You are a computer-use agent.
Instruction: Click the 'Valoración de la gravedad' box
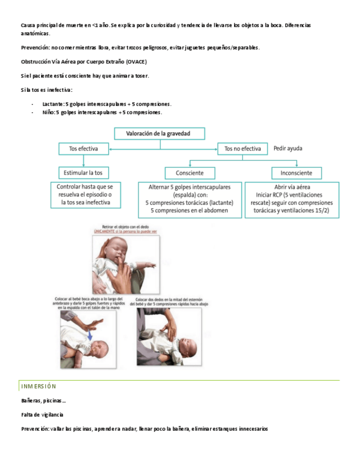tap(159, 134)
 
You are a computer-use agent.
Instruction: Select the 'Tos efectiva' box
tap(84, 148)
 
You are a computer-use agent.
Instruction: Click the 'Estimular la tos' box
tap(84, 173)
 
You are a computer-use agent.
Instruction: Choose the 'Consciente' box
tap(190, 173)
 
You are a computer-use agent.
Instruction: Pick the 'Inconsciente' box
tap(296, 173)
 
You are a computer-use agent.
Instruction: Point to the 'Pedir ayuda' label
tap(287, 148)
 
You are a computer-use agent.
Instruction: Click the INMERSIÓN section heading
tap(38, 386)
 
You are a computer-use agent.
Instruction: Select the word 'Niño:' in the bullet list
tap(49, 113)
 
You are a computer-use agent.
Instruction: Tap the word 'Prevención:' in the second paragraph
tap(36, 48)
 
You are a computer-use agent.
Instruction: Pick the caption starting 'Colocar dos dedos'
tap(171, 301)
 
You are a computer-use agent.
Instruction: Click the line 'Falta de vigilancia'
tap(42, 414)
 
